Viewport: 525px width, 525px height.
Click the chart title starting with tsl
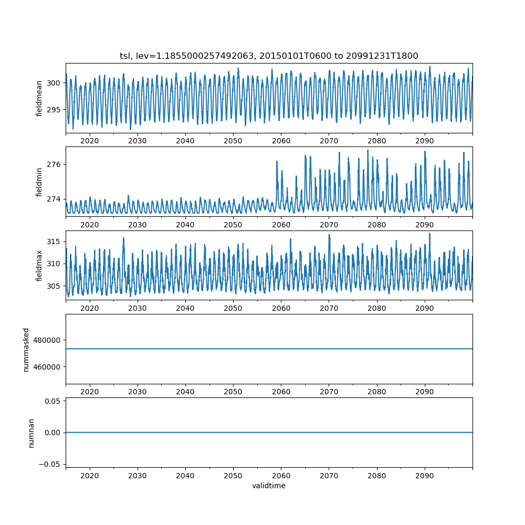click(269, 56)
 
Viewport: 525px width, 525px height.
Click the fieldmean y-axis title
click(39, 98)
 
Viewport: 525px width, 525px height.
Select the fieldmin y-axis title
click(39, 182)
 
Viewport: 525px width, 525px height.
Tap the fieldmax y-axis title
click(39, 265)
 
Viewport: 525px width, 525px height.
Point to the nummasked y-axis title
click(26, 349)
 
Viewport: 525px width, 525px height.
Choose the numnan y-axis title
click(31, 433)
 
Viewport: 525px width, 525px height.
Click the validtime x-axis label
click(269, 486)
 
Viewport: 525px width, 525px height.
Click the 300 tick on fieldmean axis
click(54, 82)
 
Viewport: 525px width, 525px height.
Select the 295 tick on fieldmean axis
click(54, 109)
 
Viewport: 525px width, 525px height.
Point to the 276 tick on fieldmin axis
click(54, 164)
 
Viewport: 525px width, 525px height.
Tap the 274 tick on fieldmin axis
click(54, 199)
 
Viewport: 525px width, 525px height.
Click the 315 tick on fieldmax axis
click(54, 241)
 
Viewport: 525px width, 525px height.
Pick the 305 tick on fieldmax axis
click(54, 286)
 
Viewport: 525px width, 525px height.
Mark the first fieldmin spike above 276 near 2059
click(277, 162)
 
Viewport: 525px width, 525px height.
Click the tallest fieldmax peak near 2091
click(429, 234)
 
